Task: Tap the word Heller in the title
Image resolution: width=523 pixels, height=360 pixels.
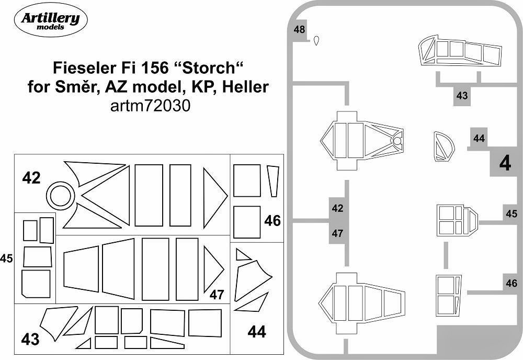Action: (x=246, y=86)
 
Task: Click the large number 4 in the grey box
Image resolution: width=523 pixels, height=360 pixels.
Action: (x=505, y=164)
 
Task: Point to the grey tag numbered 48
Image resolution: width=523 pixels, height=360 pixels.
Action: (x=300, y=30)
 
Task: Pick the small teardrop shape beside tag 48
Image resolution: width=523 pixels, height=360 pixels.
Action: (x=316, y=41)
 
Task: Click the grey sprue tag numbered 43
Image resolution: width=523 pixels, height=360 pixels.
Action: (x=462, y=96)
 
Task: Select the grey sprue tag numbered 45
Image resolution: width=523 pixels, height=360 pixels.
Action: (x=511, y=213)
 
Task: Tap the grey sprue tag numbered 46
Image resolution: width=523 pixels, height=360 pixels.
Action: (x=511, y=284)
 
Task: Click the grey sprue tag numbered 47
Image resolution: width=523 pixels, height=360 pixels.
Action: (x=337, y=233)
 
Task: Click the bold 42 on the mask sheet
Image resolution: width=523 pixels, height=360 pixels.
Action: (x=31, y=178)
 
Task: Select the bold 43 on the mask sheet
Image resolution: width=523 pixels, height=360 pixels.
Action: (x=30, y=340)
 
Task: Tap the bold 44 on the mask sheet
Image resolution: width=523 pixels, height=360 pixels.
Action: (x=256, y=331)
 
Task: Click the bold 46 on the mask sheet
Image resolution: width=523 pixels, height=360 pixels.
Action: (x=272, y=220)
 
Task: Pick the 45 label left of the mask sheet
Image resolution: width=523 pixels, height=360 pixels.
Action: (x=6, y=258)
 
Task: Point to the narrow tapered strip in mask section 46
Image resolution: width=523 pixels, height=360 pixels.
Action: (x=272, y=181)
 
